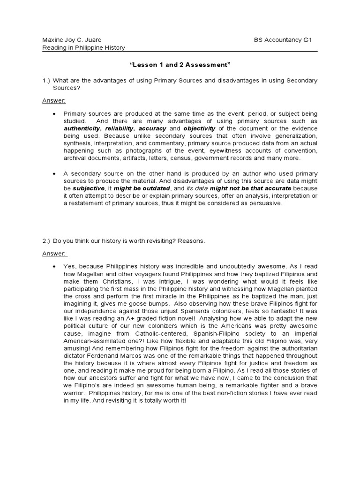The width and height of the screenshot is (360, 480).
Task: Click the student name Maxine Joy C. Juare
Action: tap(72, 40)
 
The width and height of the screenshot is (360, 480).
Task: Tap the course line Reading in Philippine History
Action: tap(83, 48)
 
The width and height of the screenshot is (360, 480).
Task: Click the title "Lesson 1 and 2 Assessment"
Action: tap(180, 64)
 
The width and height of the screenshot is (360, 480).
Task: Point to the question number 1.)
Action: tap(46, 81)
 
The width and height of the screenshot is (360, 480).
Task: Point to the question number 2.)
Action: tap(46, 241)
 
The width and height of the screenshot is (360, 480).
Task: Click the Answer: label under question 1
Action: tap(54, 101)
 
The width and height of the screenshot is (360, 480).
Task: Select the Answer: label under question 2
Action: tap(55, 254)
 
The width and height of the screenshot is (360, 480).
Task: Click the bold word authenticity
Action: tap(82, 128)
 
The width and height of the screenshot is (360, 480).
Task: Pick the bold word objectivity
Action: tap(199, 128)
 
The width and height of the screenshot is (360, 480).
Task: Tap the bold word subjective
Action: tap(88, 188)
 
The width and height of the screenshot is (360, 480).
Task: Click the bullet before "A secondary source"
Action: tap(55, 173)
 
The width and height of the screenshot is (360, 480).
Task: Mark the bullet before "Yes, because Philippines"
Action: tap(55, 266)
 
